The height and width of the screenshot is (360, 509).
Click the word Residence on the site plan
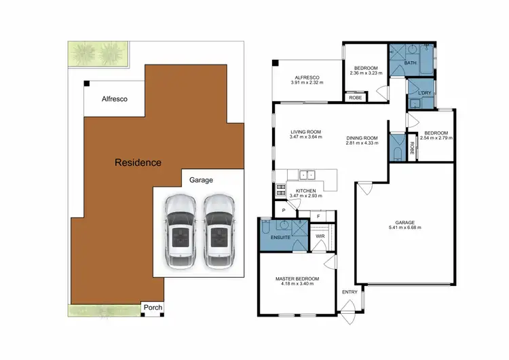(138, 162)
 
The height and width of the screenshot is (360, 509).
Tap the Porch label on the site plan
(153, 308)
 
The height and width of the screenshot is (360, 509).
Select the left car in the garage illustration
(181, 229)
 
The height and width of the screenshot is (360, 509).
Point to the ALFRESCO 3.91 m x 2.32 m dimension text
(307, 79)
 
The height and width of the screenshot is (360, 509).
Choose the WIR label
(320, 236)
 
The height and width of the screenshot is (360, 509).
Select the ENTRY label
(350, 292)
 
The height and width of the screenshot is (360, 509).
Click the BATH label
(411, 63)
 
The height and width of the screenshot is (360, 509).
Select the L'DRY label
(425, 92)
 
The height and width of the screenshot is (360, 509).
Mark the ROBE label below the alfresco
(355, 98)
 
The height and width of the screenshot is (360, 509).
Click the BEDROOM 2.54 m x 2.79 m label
(436, 135)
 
